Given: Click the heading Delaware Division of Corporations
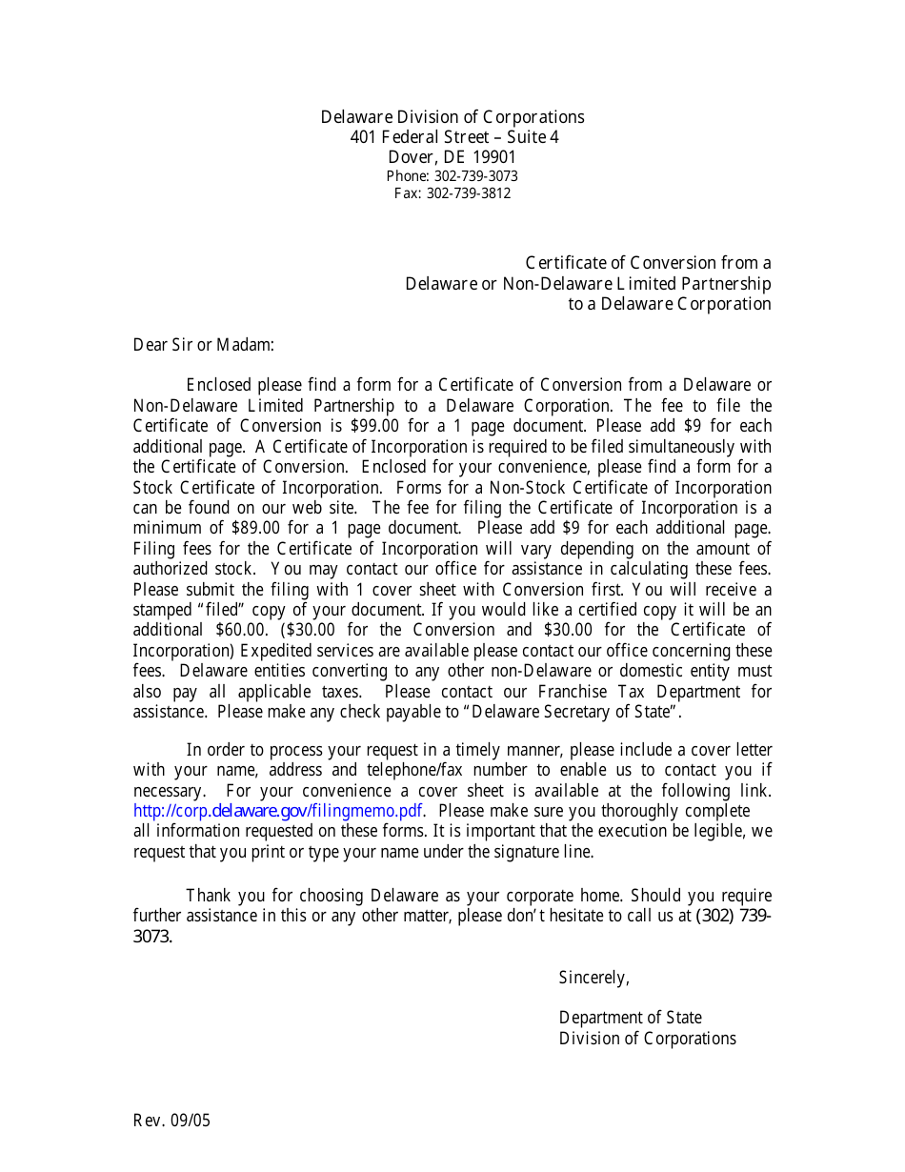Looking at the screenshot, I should pyautogui.click(x=452, y=117).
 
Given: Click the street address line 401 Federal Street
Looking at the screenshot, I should pyautogui.click(x=453, y=137).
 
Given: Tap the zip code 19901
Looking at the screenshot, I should pyautogui.click(x=494, y=157).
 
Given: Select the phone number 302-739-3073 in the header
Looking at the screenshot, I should pyautogui.click(x=475, y=176).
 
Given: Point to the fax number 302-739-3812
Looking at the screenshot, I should pyautogui.click(x=468, y=193).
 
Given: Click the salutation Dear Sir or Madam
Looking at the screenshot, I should pyautogui.click(x=203, y=345).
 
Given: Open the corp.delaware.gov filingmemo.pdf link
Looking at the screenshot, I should pyautogui.click(x=277, y=812).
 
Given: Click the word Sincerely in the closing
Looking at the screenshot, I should pyautogui.click(x=593, y=978).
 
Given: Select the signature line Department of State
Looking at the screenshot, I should pyautogui.click(x=630, y=1018).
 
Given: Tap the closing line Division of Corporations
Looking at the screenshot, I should pyautogui.click(x=647, y=1039).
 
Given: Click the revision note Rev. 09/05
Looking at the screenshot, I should pyautogui.click(x=171, y=1121).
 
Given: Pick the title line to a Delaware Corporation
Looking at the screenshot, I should pyautogui.click(x=669, y=305).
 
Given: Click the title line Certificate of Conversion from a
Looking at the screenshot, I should pyautogui.click(x=648, y=264).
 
